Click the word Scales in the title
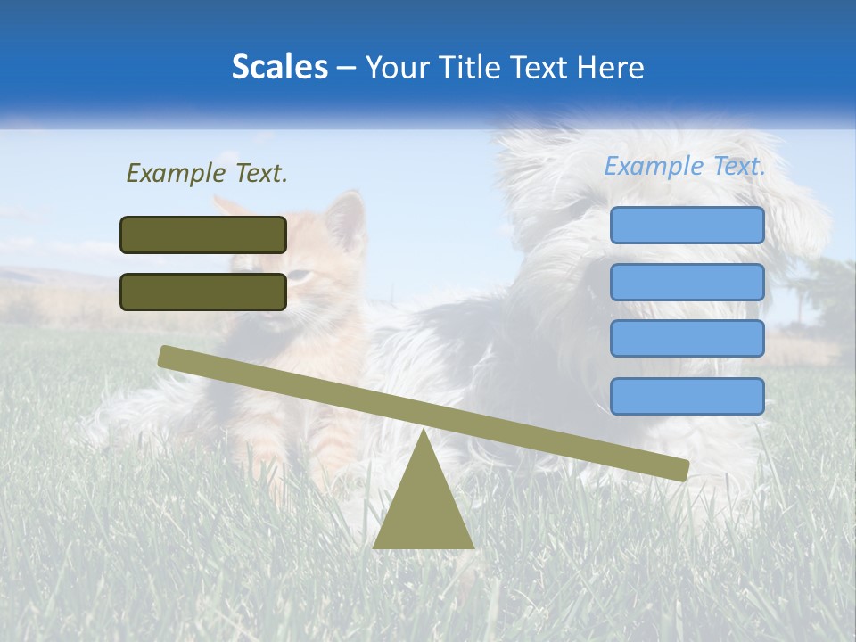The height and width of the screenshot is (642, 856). click(x=279, y=67)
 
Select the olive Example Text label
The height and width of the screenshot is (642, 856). click(x=207, y=173)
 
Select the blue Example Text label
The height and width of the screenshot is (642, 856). click(x=685, y=166)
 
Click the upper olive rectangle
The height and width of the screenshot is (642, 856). click(x=203, y=235)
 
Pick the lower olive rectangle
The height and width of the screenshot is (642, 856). click(x=203, y=292)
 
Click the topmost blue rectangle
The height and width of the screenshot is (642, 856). click(x=687, y=225)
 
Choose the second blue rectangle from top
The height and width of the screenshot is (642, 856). click(x=687, y=282)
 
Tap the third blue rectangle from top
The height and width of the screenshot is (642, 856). click(x=687, y=339)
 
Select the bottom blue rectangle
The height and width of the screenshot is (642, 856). click(x=687, y=396)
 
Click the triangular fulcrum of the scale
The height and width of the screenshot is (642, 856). click(x=423, y=508)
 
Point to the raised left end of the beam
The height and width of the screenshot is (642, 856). click(x=166, y=356)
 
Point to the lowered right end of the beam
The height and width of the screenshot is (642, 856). click(x=681, y=470)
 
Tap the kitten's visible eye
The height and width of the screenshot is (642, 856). click(x=300, y=276)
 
